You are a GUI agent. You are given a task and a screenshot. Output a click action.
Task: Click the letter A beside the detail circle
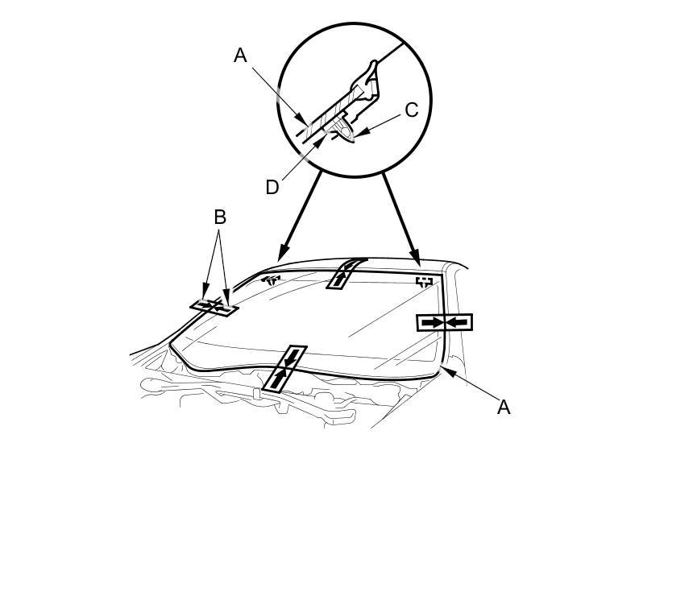click(240, 55)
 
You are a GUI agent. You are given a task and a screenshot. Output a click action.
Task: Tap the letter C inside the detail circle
click(411, 110)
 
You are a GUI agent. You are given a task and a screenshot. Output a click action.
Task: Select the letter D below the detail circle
click(272, 187)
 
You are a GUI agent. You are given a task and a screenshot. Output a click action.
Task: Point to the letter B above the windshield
click(219, 217)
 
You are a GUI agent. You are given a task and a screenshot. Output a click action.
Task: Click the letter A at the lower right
click(504, 408)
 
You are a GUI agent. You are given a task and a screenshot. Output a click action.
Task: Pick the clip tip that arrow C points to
click(351, 138)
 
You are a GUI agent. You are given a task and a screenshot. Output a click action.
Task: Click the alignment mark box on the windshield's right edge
click(444, 322)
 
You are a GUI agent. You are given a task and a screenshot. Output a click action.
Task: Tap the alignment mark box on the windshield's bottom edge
click(285, 369)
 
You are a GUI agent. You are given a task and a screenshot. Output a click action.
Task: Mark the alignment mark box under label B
click(214, 306)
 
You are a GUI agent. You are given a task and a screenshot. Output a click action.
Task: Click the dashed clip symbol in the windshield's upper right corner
click(425, 282)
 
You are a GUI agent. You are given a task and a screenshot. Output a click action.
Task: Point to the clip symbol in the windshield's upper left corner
click(272, 279)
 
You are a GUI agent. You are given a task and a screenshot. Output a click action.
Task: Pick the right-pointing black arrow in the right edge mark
click(433, 322)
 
